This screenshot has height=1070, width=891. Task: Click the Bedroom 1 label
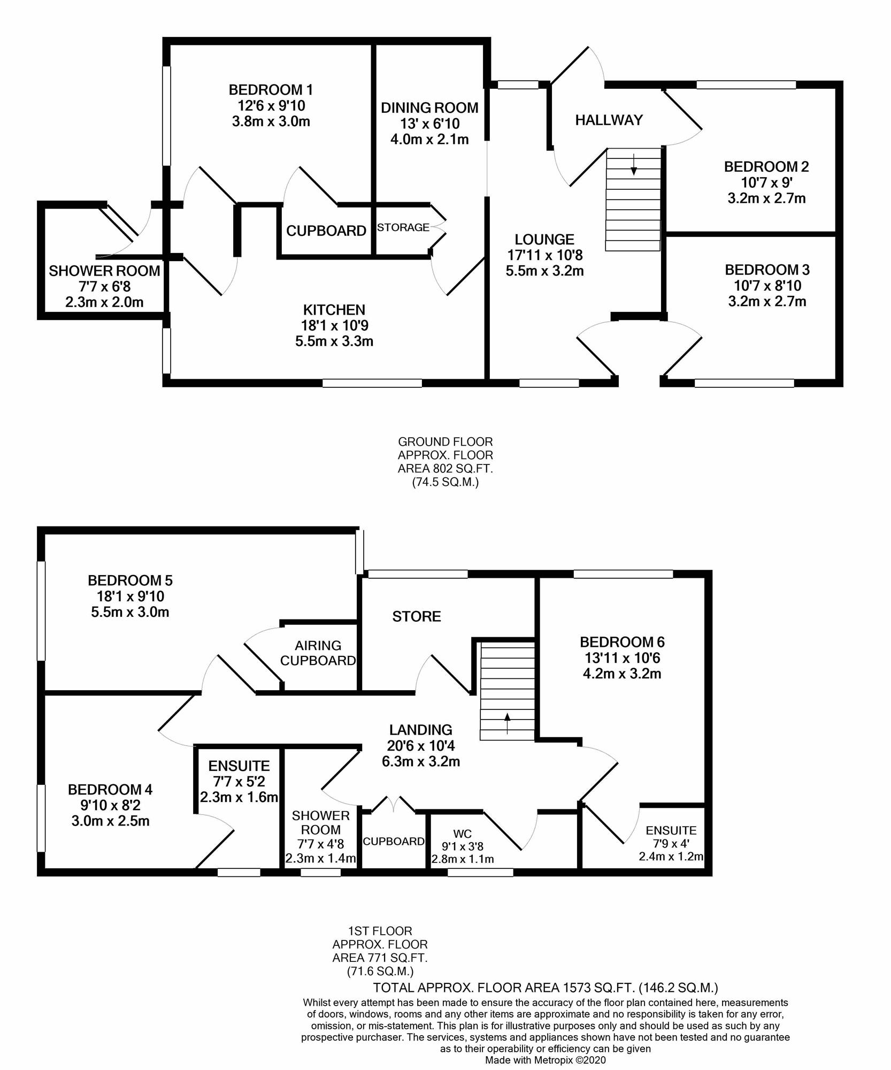pyautogui.click(x=271, y=89)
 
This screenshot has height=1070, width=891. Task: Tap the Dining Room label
pyautogui.click(x=429, y=108)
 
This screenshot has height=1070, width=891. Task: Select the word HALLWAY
pyautogui.click(x=609, y=120)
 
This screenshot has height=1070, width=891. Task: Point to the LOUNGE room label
pyautogui.click(x=544, y=239)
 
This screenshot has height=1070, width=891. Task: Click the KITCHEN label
pyautogui.click(x=334, y=310)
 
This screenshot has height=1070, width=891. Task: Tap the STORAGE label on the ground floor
pyautogui.click(x=403, y=227)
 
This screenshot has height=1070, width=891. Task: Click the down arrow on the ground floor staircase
pyautogui.click(x=634, y=164)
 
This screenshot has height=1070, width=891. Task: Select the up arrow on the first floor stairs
pyautogui.click(x=507, y=723)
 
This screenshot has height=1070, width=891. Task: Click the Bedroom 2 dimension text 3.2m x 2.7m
pyautogui.click(x=766, y=198)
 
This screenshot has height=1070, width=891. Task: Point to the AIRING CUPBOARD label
pyautogui.click(x=318, y=653)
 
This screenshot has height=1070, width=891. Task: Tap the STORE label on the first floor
pyautogui.click(x=417, y=617)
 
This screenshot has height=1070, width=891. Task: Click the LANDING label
pyautogui.click(x=420, y=730)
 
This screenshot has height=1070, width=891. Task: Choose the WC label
pyautogui.click(x=463, y=834)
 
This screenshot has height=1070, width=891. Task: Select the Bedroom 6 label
pyautogui.click(x=622, y=642)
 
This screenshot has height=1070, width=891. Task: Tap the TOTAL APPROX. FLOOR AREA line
pyautogui.click(x=545, y=988)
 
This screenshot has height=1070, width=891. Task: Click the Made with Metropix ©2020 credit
pyautogui.click(x=546, y=1059)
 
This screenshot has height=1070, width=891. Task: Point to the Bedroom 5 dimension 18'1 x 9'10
pyautogui.click(x=130, y=596)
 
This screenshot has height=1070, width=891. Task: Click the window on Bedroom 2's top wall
pyautogui.click(x=746, y=84)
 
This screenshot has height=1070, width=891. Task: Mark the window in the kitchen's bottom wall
pyautogui.click(x=372, y=383)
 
